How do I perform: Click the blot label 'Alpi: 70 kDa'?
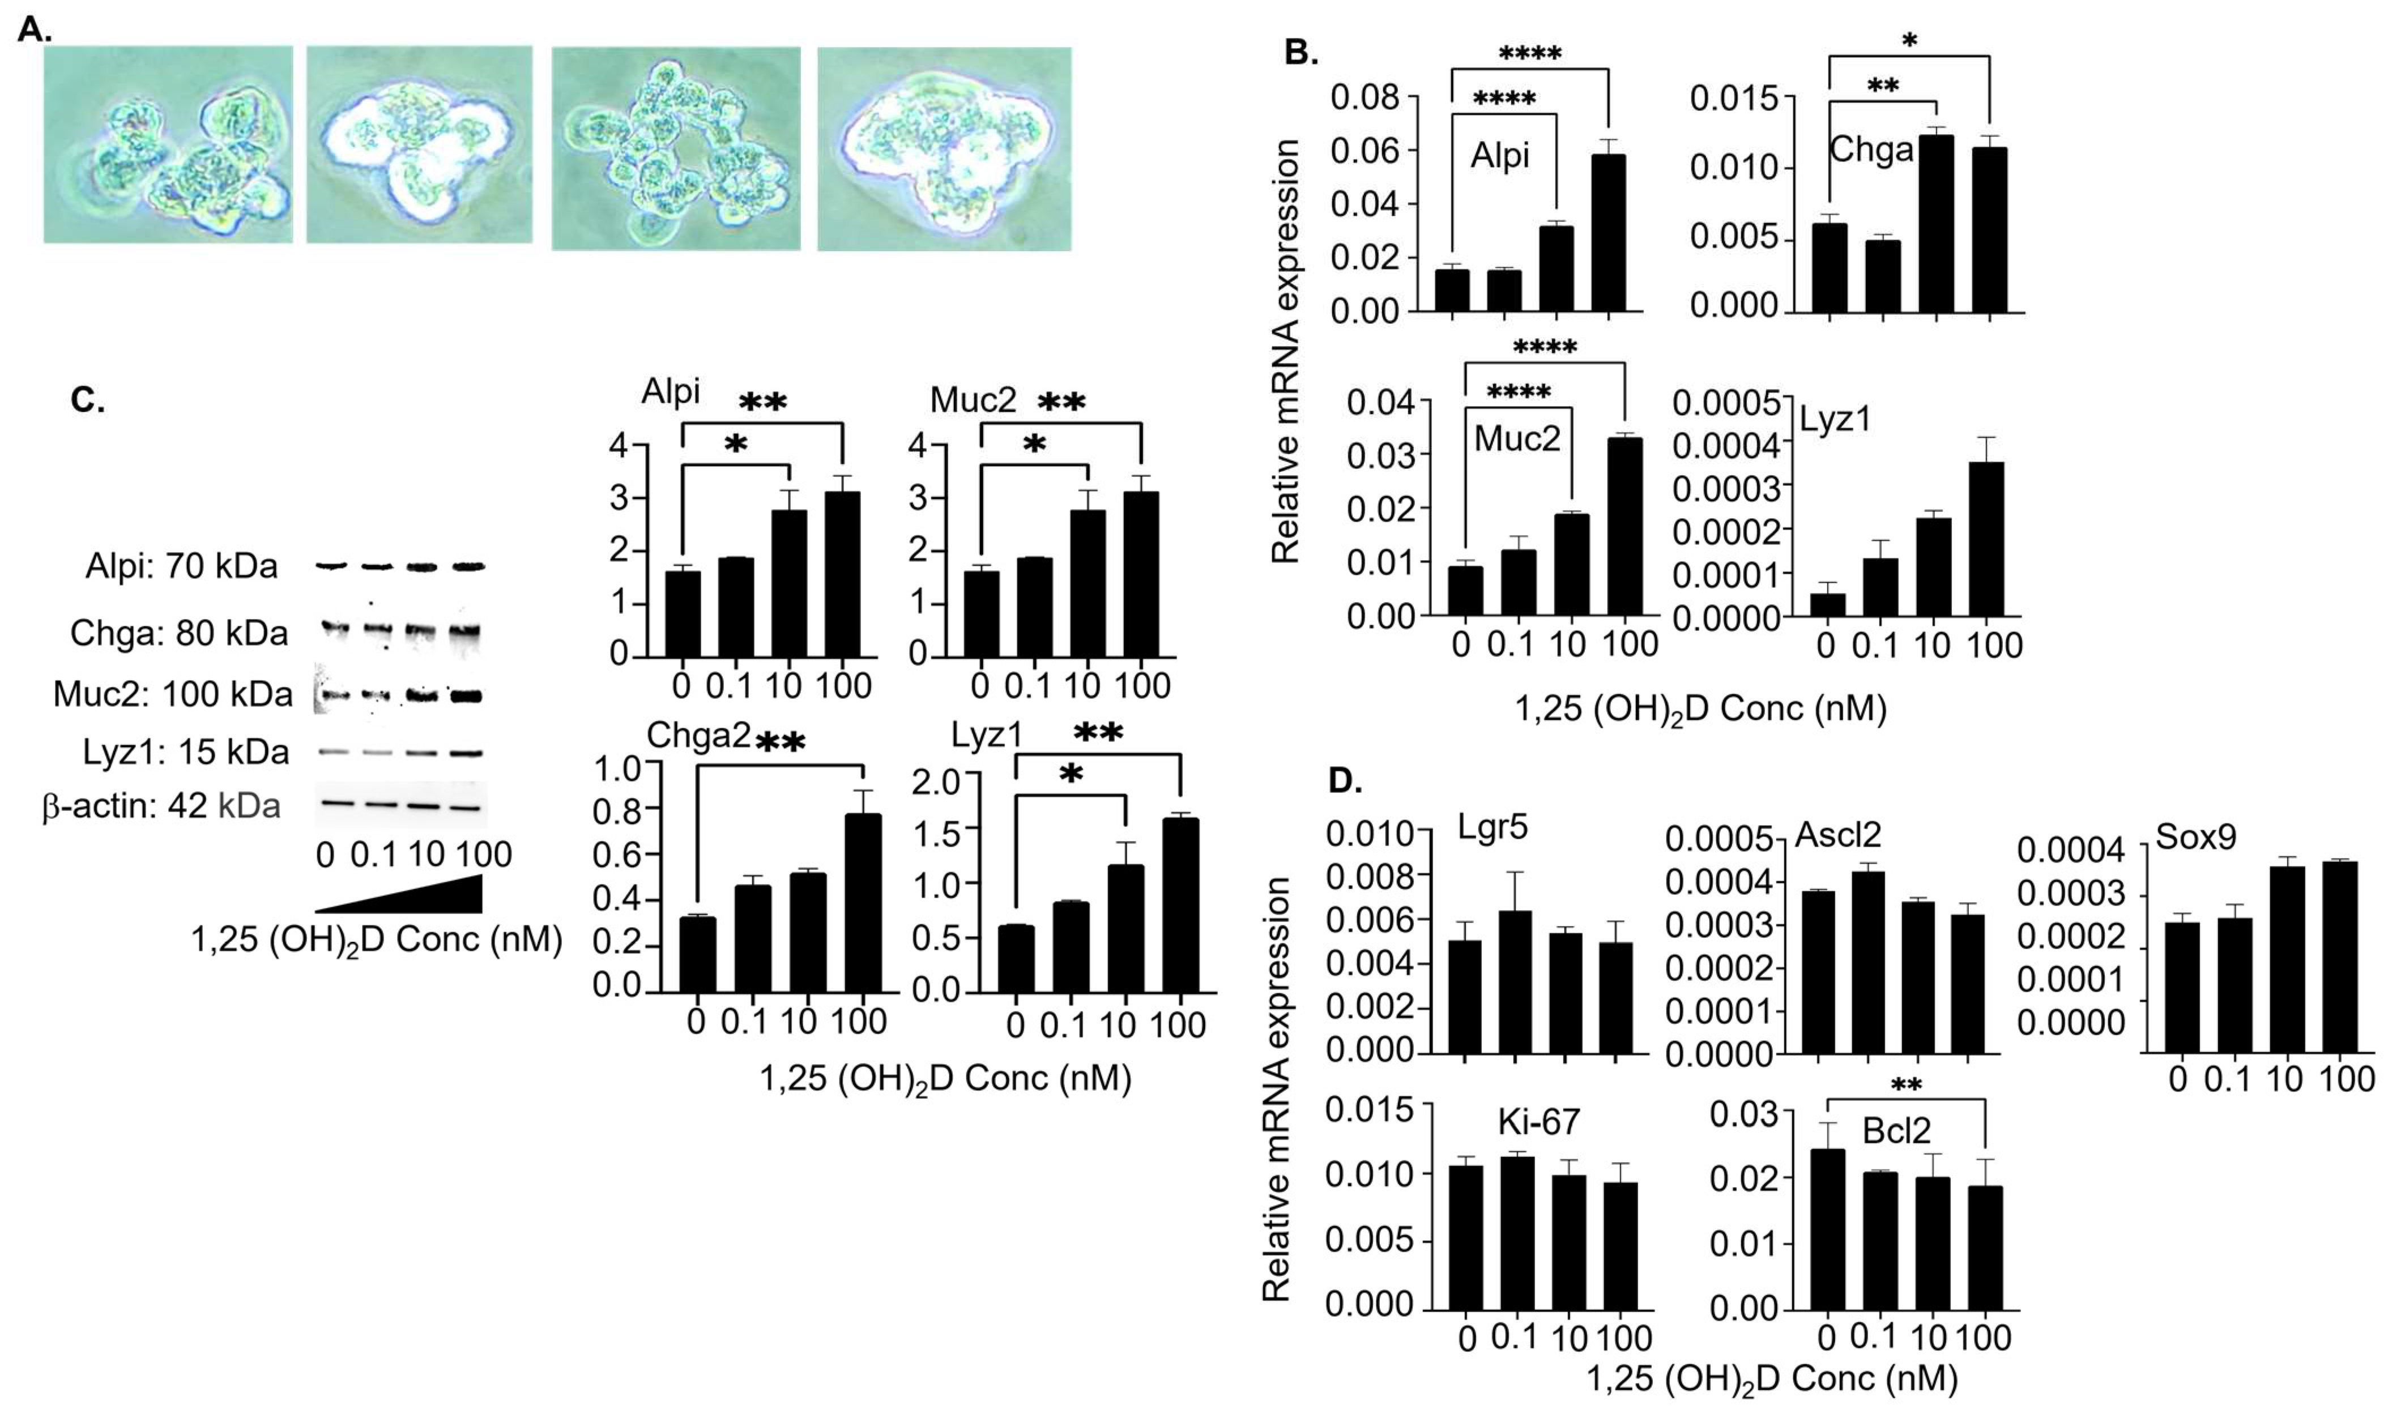[x=181, y=567]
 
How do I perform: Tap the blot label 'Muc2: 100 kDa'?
[x=173, y=694]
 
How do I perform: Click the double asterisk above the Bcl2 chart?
[x=1906, y=1085]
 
